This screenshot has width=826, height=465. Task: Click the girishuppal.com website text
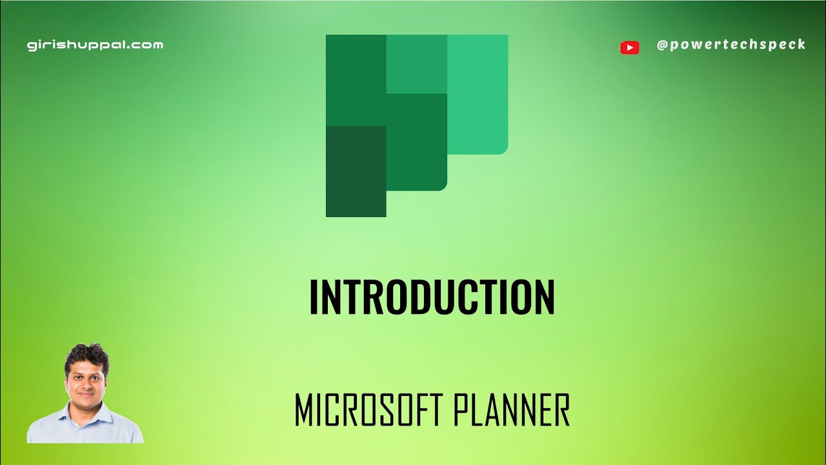[95, 45]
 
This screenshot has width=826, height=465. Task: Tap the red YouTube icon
[629, 47]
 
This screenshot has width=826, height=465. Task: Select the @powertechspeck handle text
[731, 45]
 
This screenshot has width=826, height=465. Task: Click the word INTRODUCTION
[432, 298]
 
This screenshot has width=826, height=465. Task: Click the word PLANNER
[512, 410]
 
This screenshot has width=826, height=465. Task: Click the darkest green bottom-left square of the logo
[356, 171]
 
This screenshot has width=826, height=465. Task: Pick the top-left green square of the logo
[356, 79]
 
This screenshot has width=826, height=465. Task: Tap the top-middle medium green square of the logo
[417, 64]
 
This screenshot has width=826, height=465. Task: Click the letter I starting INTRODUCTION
[314, 298]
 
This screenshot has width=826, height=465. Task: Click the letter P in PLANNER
[463, 410]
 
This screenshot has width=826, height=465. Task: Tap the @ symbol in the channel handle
[662, 45]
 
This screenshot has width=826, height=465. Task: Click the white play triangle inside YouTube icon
[630, 47]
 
